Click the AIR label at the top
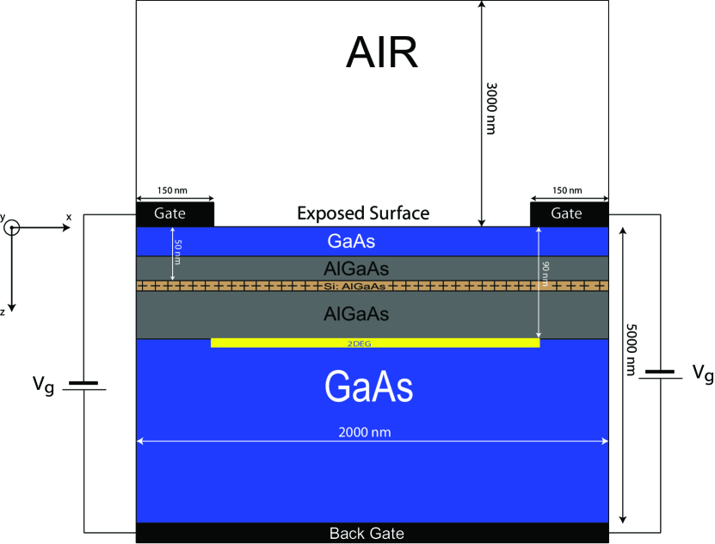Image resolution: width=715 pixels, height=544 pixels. pos(382,53)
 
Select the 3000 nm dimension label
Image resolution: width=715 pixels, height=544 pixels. pos(491,108)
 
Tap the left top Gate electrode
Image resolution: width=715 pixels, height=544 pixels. pos(175,213)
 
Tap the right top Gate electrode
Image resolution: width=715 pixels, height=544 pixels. pos(566,213)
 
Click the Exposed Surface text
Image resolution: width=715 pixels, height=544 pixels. pos(363,213)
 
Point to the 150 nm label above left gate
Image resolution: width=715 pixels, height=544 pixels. pos(174,190)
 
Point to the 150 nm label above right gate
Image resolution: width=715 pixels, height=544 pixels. pos(565,190)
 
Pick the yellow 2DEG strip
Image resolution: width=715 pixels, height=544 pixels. pos(375,343)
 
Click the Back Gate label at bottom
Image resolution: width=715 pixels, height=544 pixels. pos(367,534)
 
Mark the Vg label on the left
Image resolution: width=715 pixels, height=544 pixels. pos(44,386)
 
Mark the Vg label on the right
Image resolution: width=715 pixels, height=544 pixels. pos(702,373)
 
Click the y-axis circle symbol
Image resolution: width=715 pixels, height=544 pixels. pos(12,228)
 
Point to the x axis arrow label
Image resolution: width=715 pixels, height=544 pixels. pos(68,218)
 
